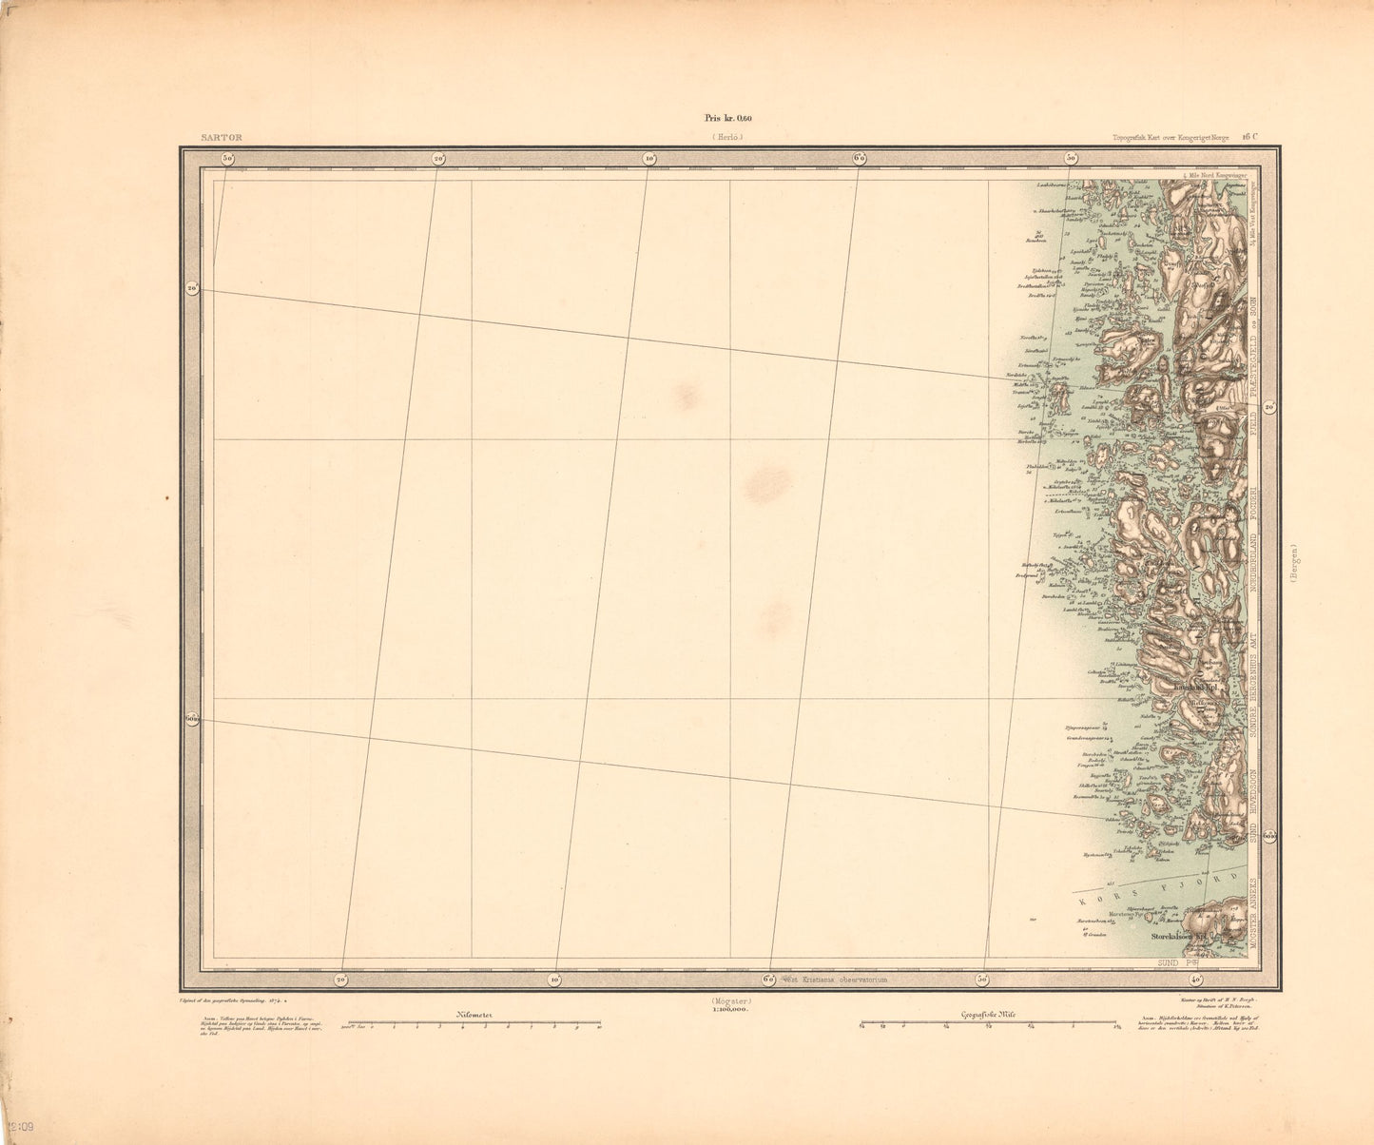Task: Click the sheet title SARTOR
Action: click(x=223, y=138)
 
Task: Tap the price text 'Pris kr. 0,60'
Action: click(x=727, y=118)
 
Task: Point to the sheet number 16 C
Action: click(x=1249, y=136)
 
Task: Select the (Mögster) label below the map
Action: click(x=730, y=1001)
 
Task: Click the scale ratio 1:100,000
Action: click(x=730, y=1010)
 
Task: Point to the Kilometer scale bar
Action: click(x=474, y=1024)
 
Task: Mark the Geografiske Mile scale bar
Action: click(x=989, y=1024)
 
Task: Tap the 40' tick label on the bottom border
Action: click(x=1195, y=979)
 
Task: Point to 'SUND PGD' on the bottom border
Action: click(x=1173, y=963)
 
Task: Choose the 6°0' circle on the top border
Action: click(x=859, y=158)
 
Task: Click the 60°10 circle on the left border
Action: click(x=193, y=717)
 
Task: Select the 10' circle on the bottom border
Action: click(x=554, y=979)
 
